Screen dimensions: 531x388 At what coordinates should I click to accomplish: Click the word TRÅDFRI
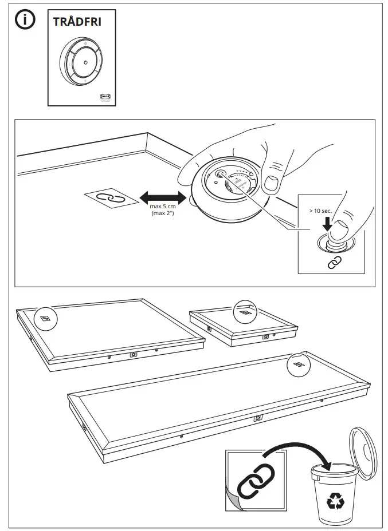coord(77,22)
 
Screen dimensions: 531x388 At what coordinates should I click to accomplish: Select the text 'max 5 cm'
coord(162,207)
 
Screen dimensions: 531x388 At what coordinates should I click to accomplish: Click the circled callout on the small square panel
coord(245,313)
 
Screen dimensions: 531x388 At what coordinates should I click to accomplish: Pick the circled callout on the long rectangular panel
coord(298,364)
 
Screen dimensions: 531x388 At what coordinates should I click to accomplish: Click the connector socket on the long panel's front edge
coord(258,418)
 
